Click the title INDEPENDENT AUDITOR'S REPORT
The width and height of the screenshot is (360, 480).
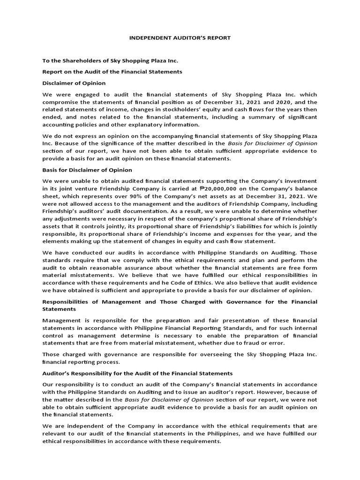(x=180, y=37)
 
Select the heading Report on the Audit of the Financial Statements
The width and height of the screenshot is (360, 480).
(x=112, y=72)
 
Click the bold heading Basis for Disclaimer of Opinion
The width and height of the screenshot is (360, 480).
(x=87, y=170)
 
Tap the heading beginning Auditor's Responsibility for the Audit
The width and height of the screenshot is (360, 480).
(x=137, y=374)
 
